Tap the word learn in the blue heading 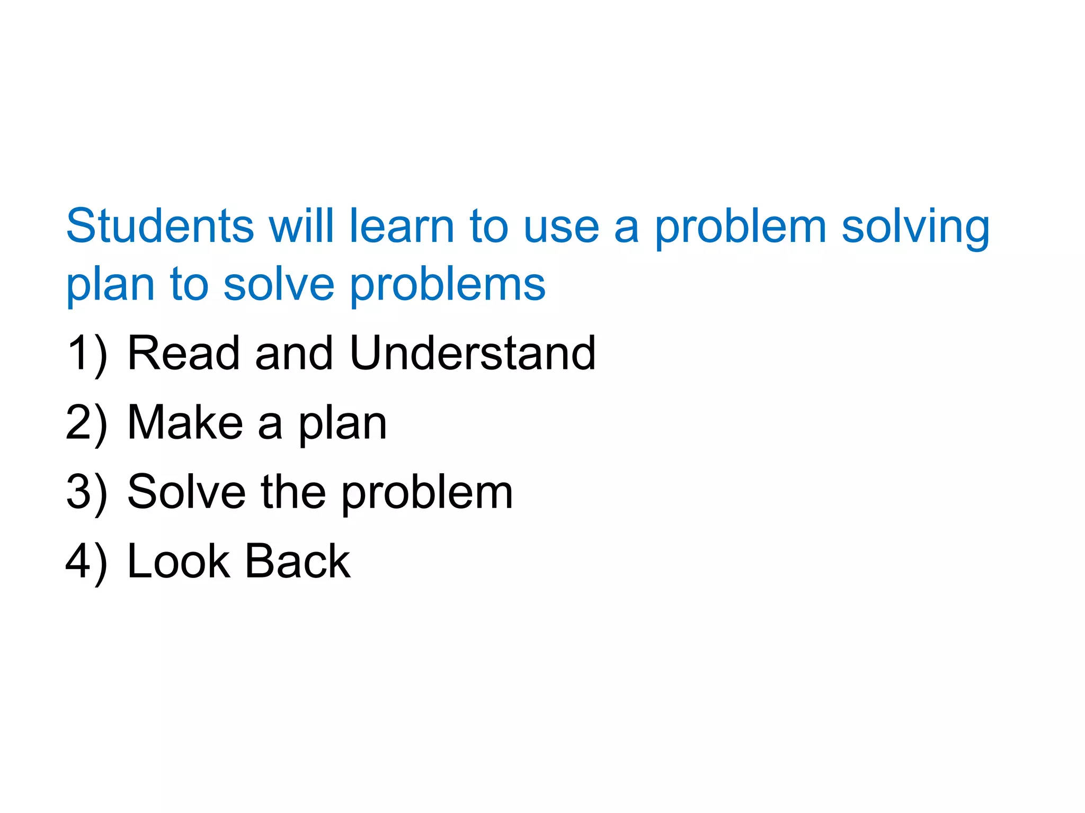[x=402, y=226]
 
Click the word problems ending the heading [x=448, y=286]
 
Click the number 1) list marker [x=86, y=354]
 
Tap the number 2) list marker [x=86, y=423]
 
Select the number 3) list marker [x=86, y=492]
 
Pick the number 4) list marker [x=86, y=562]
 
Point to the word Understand [x=473, y=353]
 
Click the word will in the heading [x=301, y=226]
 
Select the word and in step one [x=294, y=353]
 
